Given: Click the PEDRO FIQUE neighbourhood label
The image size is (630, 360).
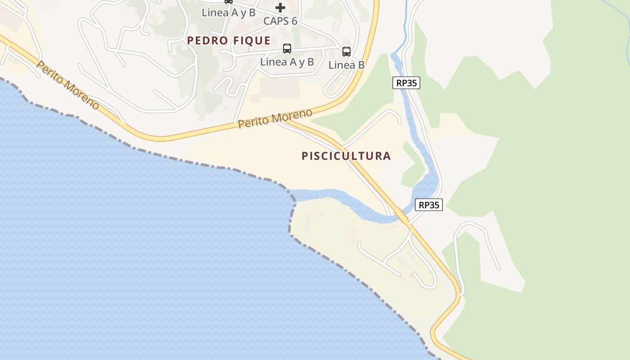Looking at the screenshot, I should coord(229,40).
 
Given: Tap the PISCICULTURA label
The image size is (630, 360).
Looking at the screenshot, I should coord(346,156).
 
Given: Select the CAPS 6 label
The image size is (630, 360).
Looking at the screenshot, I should coord(280,21).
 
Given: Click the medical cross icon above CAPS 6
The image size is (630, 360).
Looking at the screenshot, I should coord(280,7).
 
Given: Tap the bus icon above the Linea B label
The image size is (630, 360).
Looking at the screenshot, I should coord(346,51).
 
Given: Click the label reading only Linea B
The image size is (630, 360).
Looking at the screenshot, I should coord(346,65).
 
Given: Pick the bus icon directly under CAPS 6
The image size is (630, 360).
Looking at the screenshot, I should coord(287,49).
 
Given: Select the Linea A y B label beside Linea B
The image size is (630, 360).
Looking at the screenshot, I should coord(287,62).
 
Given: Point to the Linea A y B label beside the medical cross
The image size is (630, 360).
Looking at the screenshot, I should coord(228,13).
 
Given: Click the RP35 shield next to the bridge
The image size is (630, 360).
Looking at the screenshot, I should coord(428,205).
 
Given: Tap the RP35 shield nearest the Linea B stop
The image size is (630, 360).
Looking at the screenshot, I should coord(406,83).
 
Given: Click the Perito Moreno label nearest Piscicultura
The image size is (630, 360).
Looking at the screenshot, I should coord(274,118).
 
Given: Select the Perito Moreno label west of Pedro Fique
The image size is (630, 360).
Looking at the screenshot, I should coord(67,85).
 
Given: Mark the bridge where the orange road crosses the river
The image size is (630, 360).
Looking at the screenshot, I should coord(401,215).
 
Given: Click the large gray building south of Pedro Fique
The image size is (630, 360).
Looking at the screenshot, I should coord(279,88).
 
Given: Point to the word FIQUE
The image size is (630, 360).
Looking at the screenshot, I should coord(252,40).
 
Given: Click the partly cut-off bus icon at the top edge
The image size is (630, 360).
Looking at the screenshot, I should coord(229,1).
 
